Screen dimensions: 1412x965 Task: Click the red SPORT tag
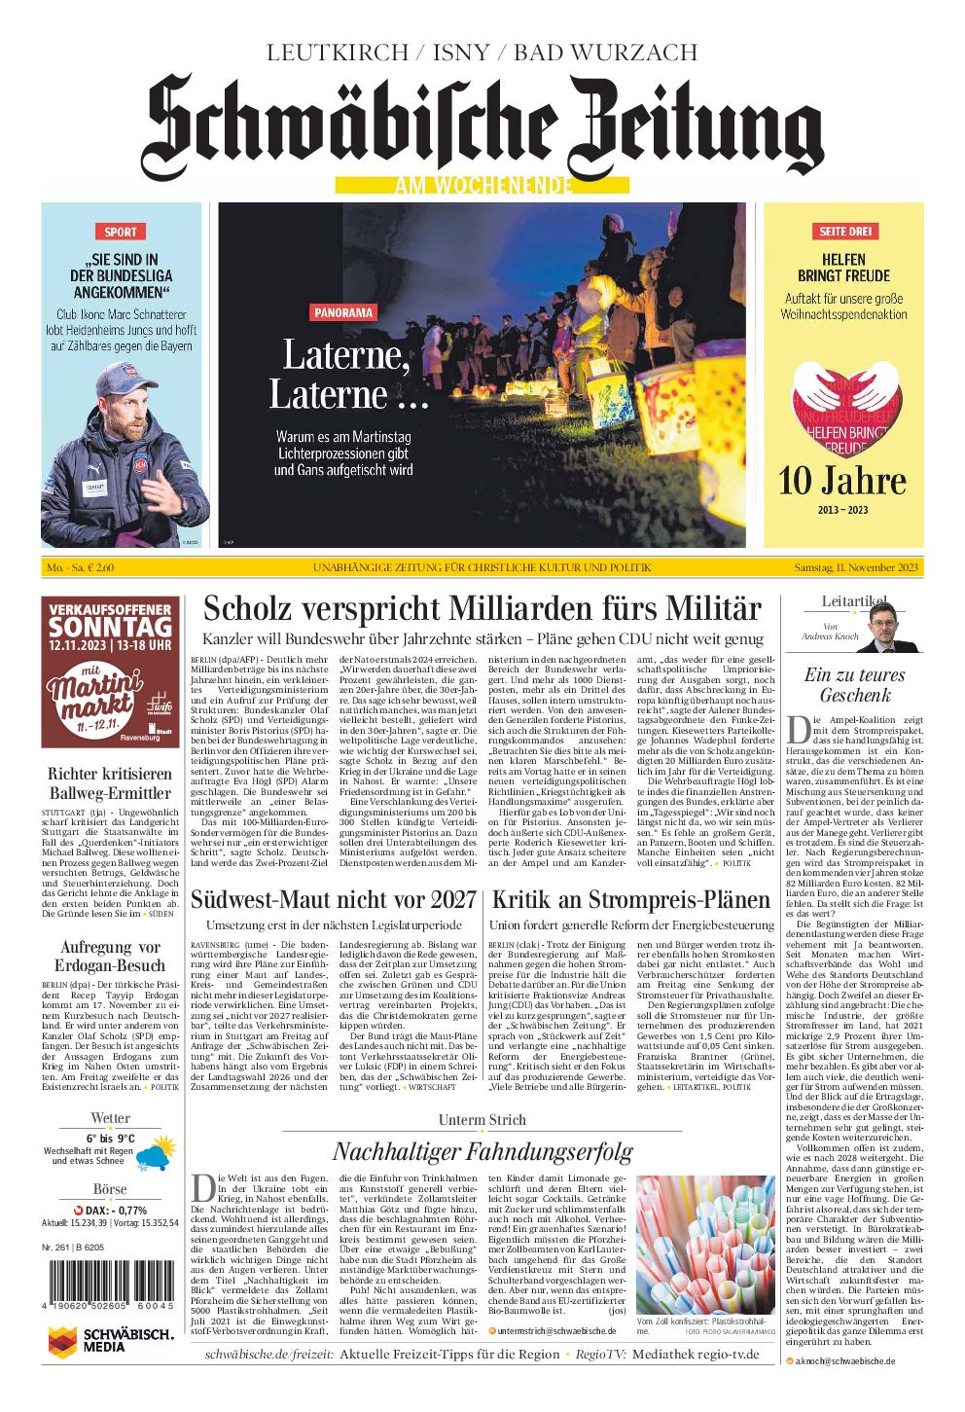[x=121, y=232]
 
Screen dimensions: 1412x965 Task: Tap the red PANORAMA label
[x=343, y=312]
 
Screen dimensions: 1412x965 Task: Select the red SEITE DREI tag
[x=847, y=232]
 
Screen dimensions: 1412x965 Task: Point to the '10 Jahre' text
[x=842, y=480]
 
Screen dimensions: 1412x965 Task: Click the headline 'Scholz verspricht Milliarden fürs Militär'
[x=482, y=609]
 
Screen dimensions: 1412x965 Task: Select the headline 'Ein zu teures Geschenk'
[x=840, y=684]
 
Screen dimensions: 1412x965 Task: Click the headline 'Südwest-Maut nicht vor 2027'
[x=333, y=899]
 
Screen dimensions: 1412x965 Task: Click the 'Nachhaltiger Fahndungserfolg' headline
[x=482, y=1151]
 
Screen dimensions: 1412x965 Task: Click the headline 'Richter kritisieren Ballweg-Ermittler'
[x=110, y=783]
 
